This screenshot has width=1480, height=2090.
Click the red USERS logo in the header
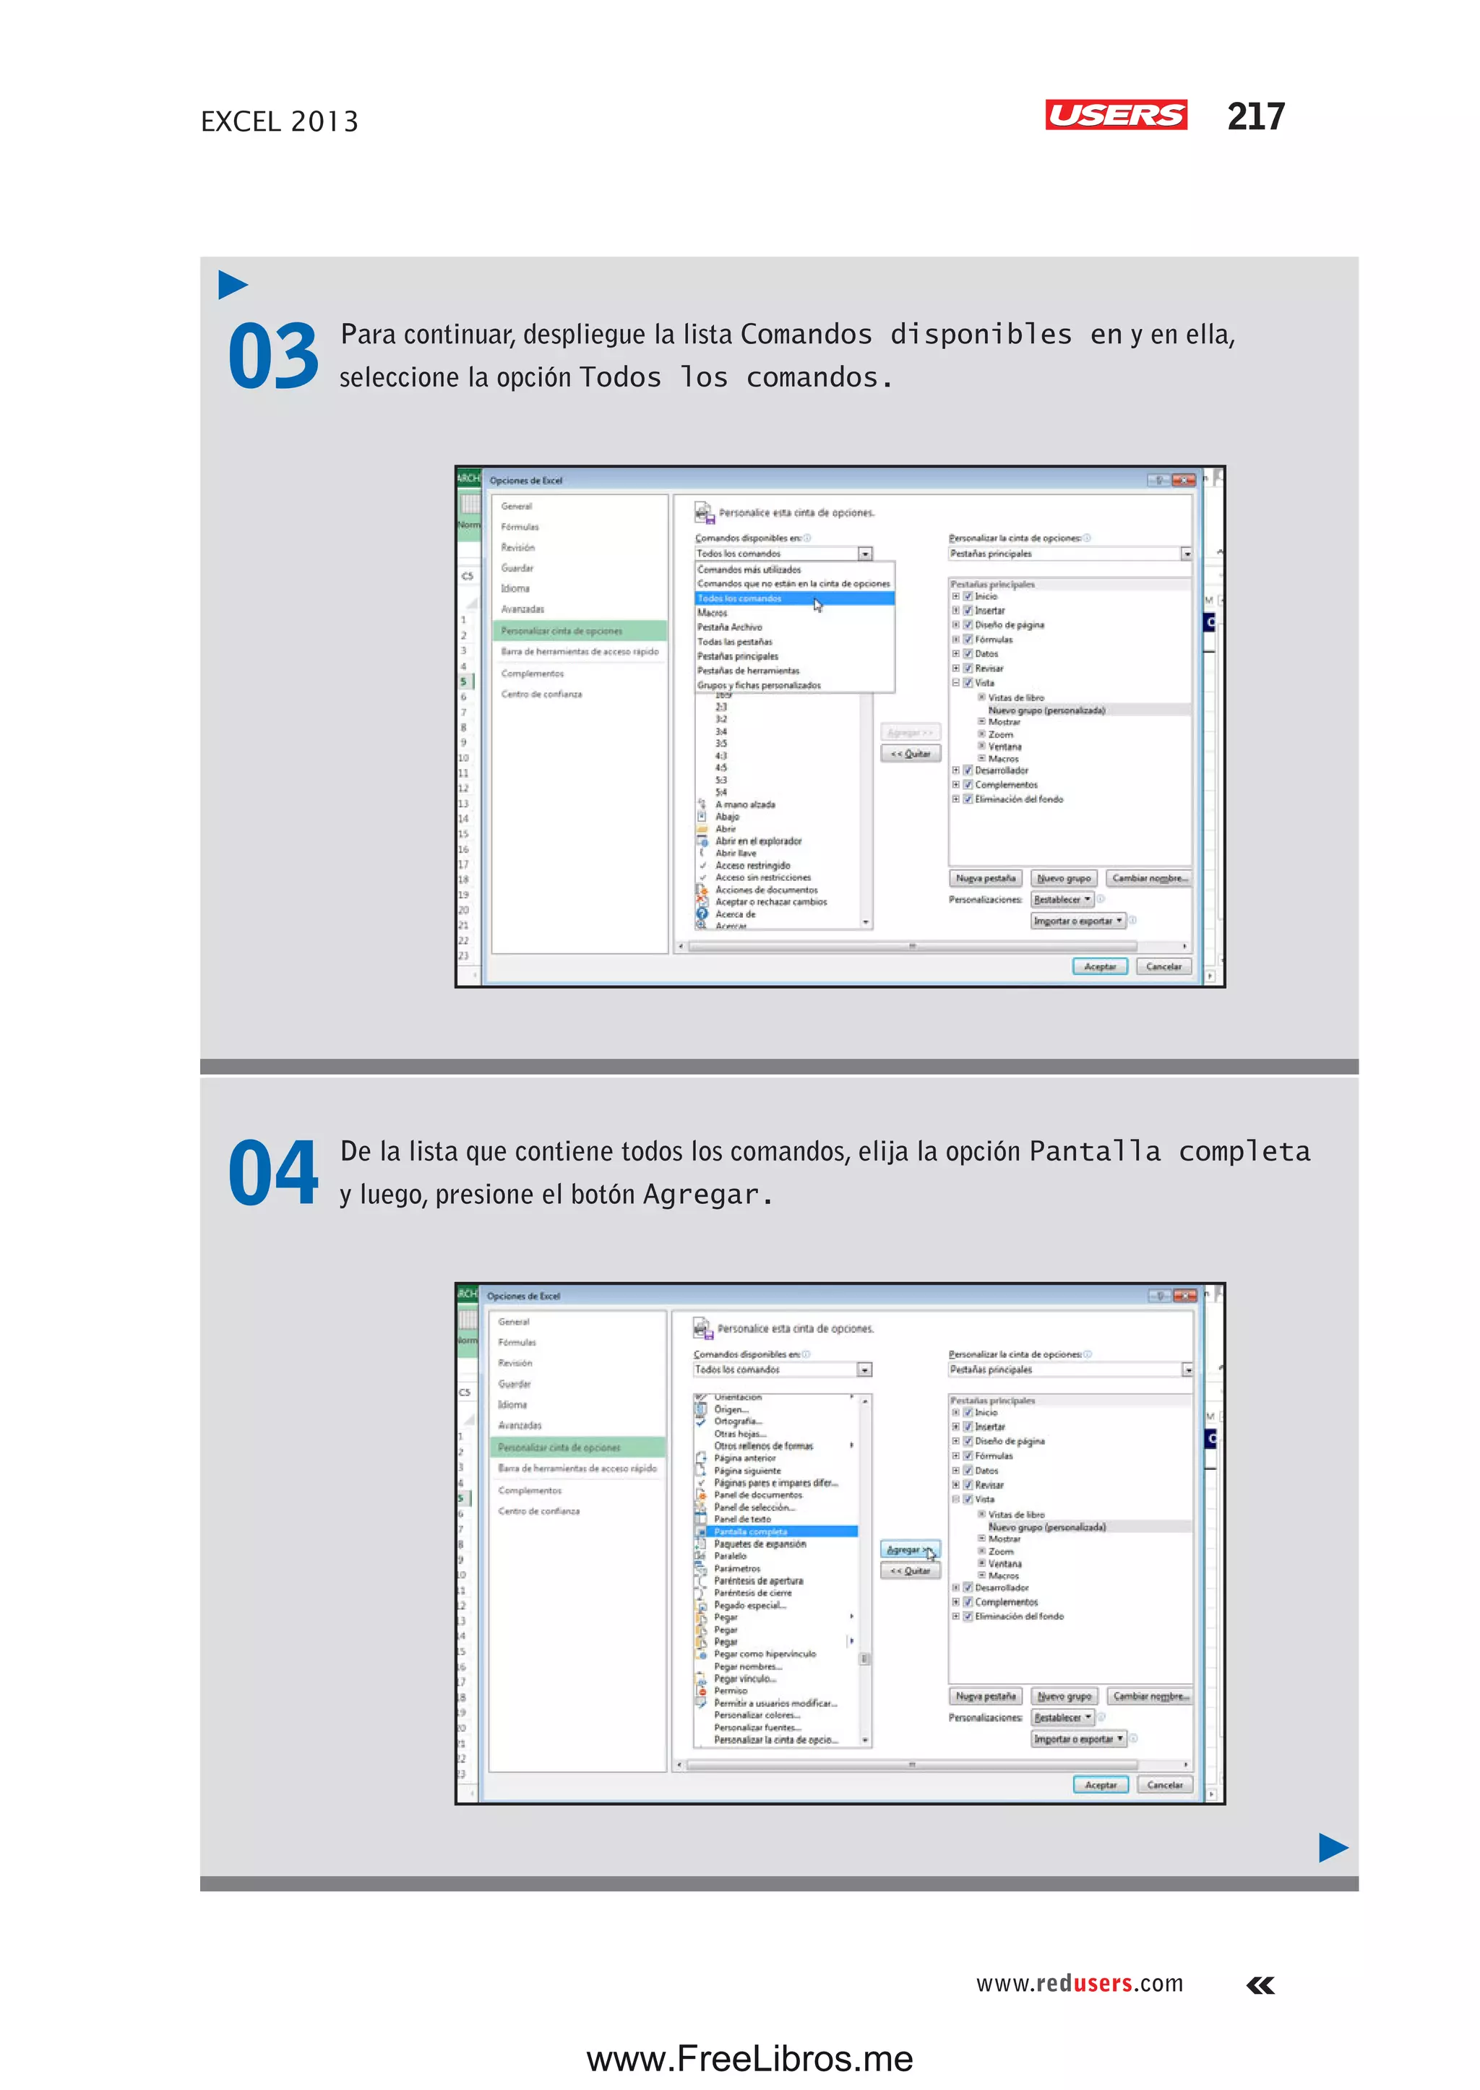pyautogui.click(x=1116, y=115)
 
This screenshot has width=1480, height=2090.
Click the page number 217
pyautogui.click(x=1255, y=116)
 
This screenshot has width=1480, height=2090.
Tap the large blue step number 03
pyautogui.click(x=272, y=356)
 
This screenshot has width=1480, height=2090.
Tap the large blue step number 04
pyautogui.click(x=272, y=1173)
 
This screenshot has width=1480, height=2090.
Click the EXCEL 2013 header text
pyautogui.click(x=279, y=121)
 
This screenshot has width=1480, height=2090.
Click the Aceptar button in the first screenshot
pyautogui.click(x=1099, y=966)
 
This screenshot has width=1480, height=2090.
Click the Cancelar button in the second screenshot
pyautogui.click(x=1163, y=1784)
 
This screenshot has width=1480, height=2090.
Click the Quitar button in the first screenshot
pyautogui.click(x=910, y=754)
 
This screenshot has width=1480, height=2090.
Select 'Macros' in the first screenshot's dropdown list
pyautogui.click(x=713, y=613)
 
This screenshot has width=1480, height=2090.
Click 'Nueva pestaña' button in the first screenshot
pyautogui.click(x=984, y=878)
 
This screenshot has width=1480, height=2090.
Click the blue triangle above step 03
pyautogui.click(x=233, y=285)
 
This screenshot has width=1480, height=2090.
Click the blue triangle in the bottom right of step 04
pyautogui.click(x=1333, y=1848)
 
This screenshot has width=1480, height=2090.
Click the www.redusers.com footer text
pyautogui.click(x=1079, y=1983)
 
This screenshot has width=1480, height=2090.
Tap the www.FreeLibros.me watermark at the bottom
pyautogui.click(x=749, y=2058)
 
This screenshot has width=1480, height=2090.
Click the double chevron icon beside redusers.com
pyautogui.click(x=1260, y=1985)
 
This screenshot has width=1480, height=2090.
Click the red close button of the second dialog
pyautogui.click(x=1184, y=1295)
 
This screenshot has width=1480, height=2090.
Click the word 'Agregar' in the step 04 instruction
pyautogui.click(x=700, y=1194)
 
